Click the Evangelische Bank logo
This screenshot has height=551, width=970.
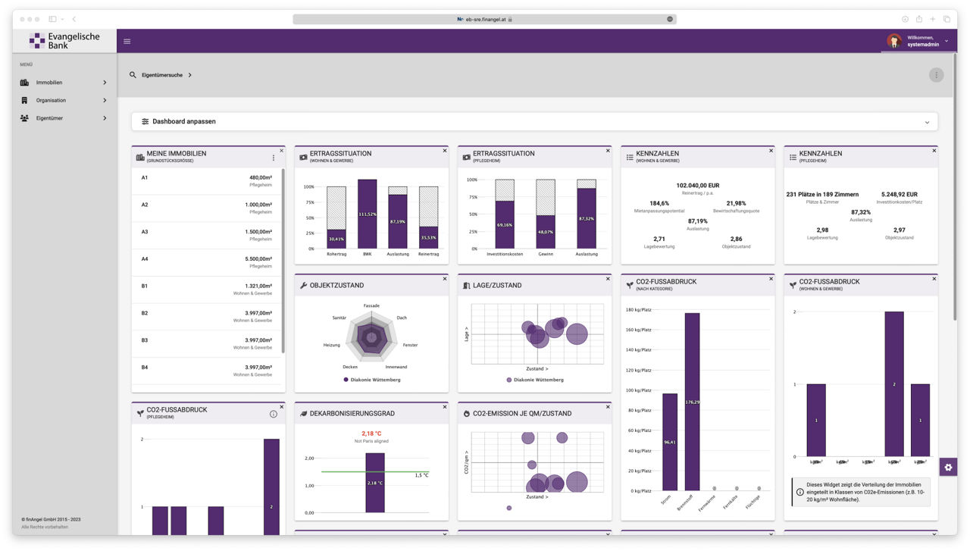pyautogui.click(x=64, y=41)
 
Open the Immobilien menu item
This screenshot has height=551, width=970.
pyautogui.click(x=49, y=82)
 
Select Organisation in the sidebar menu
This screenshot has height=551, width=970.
pyautogui.click(x=51, y=100)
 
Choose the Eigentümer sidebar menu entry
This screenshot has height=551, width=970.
pyautogui.click(x=49, y=118)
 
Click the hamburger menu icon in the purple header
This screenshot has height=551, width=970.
pyautogui.click(x=127, y=41)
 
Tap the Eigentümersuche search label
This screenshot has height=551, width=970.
pyautogui.click(x=161, y=75)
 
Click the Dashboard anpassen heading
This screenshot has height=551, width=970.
pyautogui.click(x=183, y=121)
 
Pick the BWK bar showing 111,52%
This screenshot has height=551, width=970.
pyautogui.click(x=368, y=214)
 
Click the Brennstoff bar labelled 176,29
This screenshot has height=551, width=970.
pyautogui.click(x=692, y=402)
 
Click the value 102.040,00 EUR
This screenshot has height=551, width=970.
pyautogui.click(x=698, y=185)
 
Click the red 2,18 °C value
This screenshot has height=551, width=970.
pyautogui.click(x=371, y=434)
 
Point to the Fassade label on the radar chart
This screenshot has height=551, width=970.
pyautogui.click(x=371, y=305)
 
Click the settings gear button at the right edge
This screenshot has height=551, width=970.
pyautogui.click(x=947, y=467)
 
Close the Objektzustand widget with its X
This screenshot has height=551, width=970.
pyautogui.click(x=445, y=279)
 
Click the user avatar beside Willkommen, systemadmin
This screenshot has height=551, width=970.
pyautogui.click(x=894, y=41)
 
